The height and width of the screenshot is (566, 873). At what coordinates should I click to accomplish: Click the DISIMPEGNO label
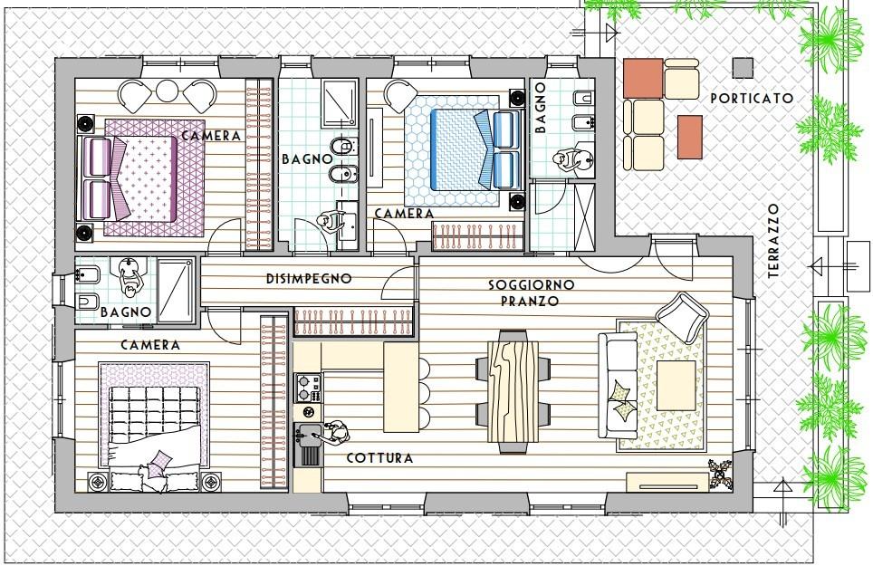pyautogui.click(x=309, y=278)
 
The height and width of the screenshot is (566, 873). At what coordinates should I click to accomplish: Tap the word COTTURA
pyautogui.click(x=379, y=458)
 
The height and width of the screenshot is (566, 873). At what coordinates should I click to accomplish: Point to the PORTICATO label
pyautogui.click(x=752, y=99)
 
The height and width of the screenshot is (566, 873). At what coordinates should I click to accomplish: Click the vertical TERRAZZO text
pyautogui.click(x=773, y=241)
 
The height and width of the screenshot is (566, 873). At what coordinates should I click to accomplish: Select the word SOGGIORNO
pyautogui.click(x=532, y=285)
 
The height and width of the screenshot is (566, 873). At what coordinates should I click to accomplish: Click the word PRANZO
pyautogui.click(x=530, y=302)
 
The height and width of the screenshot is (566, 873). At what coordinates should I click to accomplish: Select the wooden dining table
pyautogui.click(x=513, y=392)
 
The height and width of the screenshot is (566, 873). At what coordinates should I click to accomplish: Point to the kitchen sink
pyautogui.click(x=307, y=445)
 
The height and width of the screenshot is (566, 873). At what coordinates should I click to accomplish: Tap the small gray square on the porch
pyautogui.click(x=743, y=68)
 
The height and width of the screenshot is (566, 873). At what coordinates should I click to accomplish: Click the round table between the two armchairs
pyautogui.click(x=167, y=91)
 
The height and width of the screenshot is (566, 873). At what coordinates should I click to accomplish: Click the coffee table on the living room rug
pyautogui.click(x=676, y=385)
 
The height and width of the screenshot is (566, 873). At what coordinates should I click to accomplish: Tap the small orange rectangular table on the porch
pyautogui.click(x=690, y=137)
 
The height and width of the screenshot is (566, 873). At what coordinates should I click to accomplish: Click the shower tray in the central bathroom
pyautogui.click(x=339, y=103)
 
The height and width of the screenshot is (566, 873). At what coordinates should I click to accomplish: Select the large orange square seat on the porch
pyautogui.click(x=643, y=79)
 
